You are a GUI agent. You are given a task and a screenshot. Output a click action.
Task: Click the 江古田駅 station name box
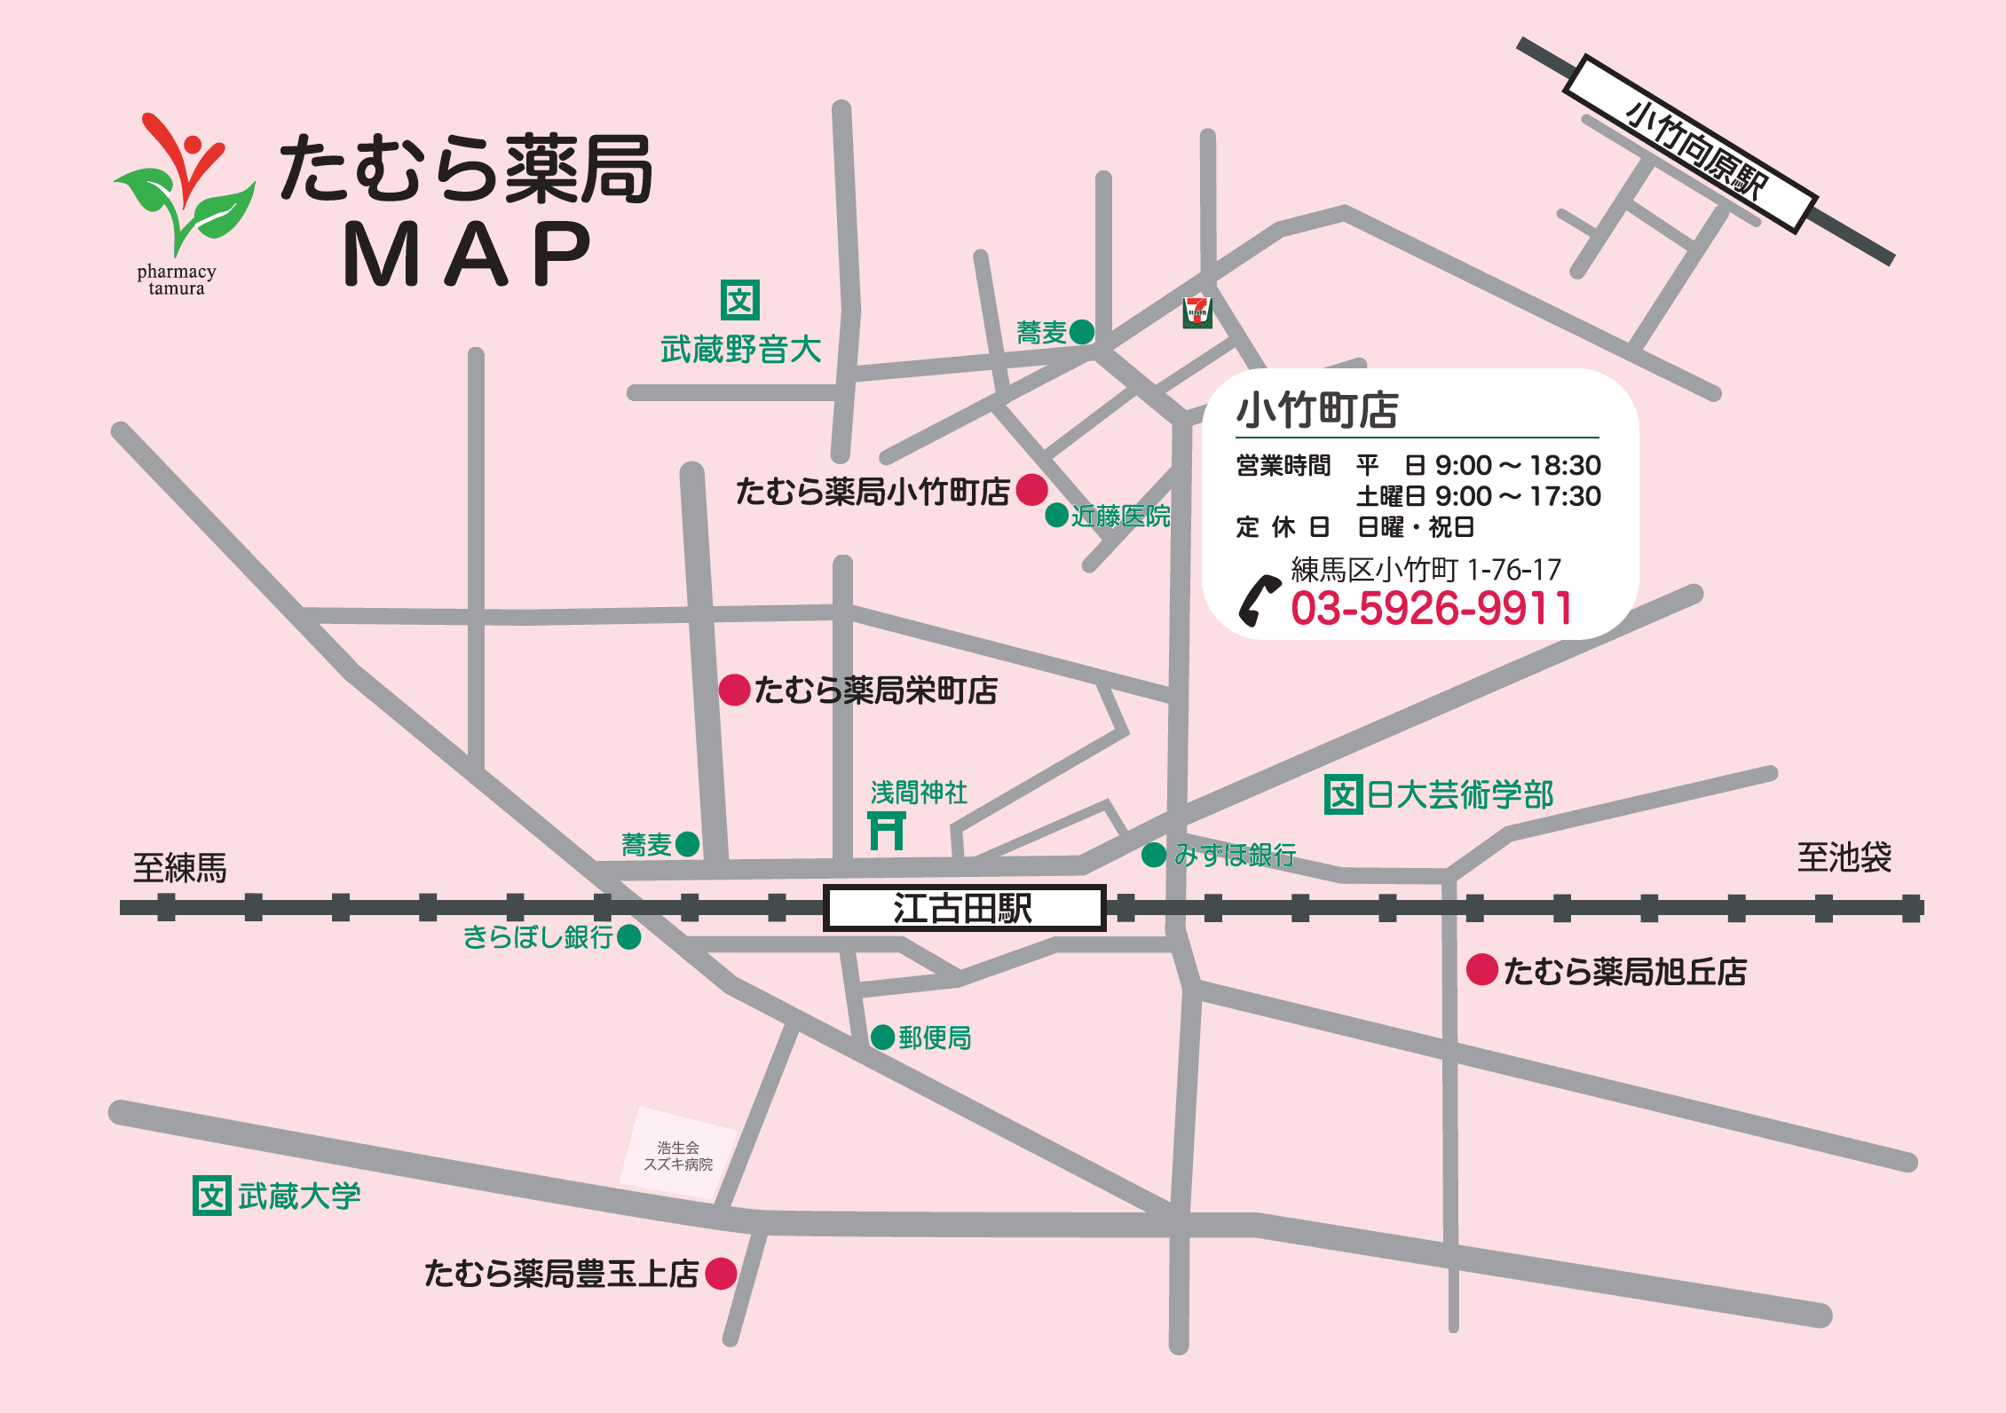(964, 908)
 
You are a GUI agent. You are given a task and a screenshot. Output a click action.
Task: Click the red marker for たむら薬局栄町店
(734, 690)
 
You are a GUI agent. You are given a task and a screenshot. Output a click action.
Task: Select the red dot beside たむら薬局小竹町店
(1031, 489)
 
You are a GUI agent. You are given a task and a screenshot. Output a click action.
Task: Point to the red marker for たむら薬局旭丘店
(1481, 969)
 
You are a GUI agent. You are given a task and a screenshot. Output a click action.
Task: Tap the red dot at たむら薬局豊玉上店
(721, 1273)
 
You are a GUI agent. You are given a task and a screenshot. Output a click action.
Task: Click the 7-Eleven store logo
(1196, 312)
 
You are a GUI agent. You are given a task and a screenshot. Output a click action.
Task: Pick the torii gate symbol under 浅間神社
(887, 831)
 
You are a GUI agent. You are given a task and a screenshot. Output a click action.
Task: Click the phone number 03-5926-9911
(1431, 609)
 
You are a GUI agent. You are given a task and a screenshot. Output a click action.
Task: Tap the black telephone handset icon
(1259, 601)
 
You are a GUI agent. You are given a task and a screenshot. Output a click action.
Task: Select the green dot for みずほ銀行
(1153, 855)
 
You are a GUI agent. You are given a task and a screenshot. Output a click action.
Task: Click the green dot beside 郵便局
(882, 1037)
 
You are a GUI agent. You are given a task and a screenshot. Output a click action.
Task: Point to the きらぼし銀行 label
(538, 937)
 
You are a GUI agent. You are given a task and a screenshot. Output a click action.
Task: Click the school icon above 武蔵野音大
(739, 300)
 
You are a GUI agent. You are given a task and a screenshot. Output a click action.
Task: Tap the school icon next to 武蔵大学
(212, 1196)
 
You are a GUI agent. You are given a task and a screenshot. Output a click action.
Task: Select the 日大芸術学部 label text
(1459, 794)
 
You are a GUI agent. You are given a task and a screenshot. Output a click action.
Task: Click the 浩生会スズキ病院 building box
(679, 1156)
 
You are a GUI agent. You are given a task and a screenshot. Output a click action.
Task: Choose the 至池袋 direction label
(1844, 857)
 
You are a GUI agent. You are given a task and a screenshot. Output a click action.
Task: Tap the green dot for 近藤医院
(1056, 515)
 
